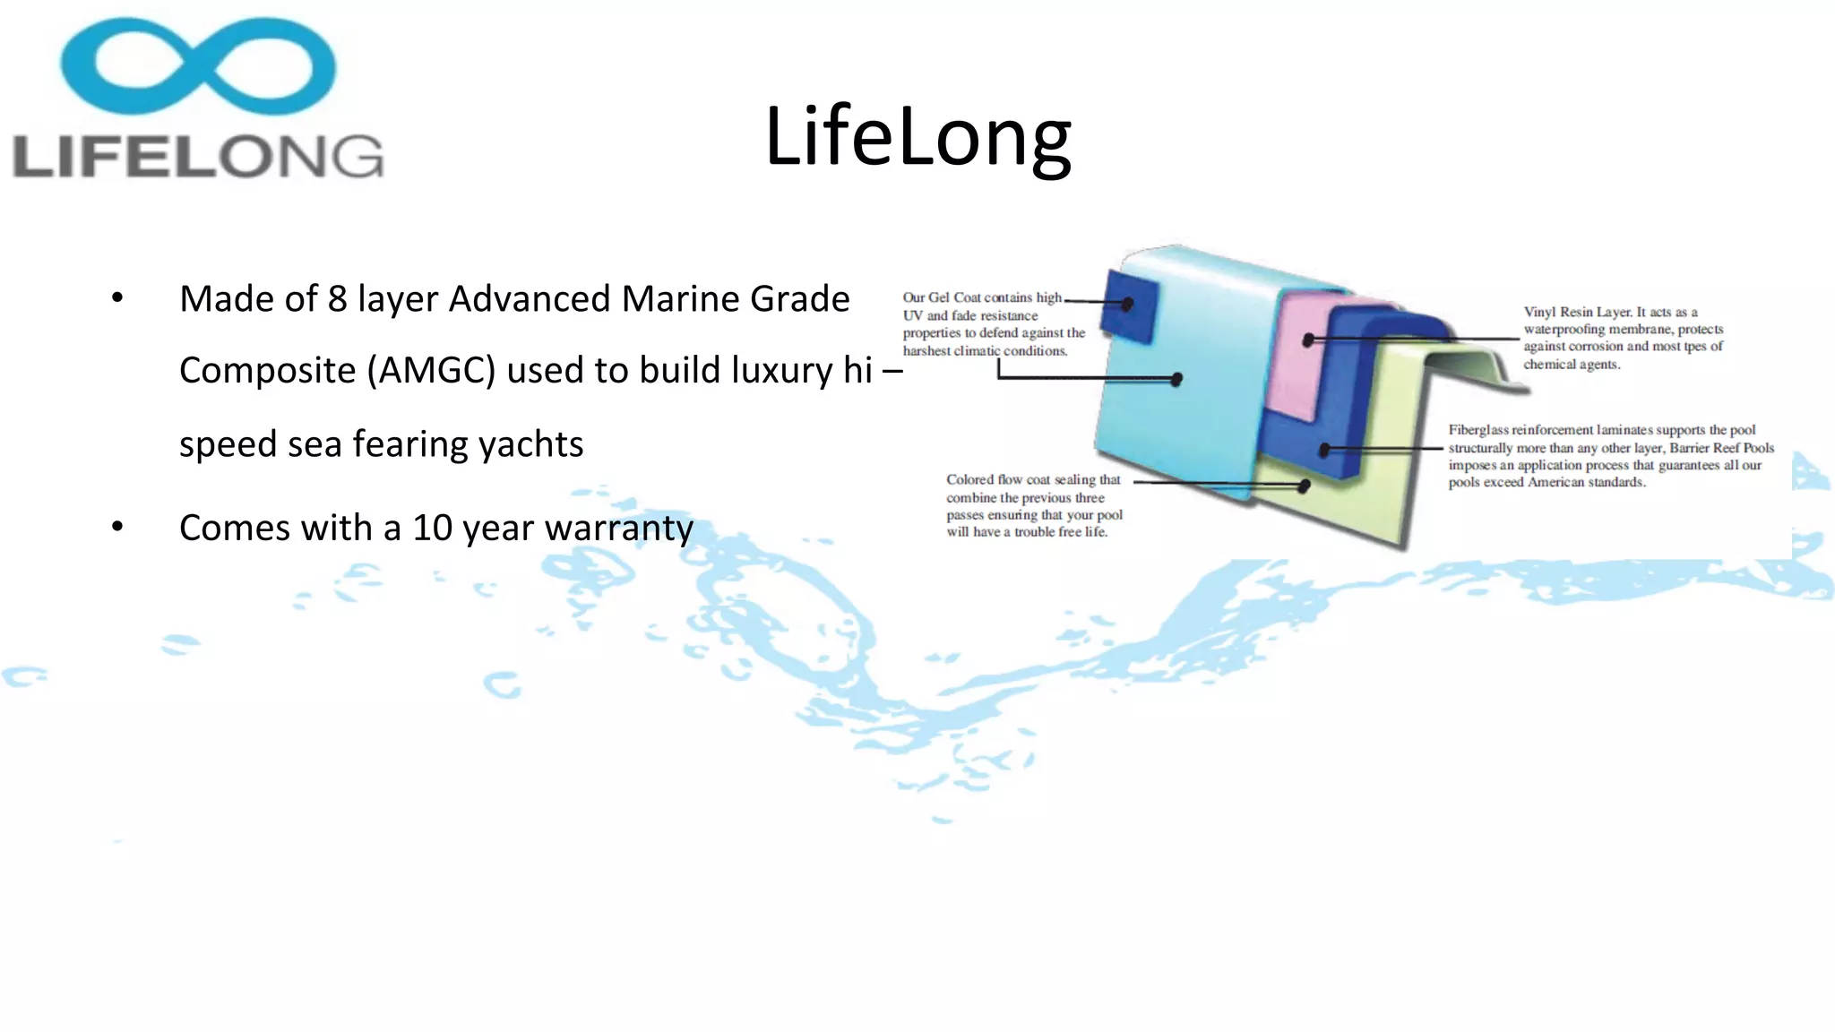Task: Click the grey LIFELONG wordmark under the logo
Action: pos(198,157)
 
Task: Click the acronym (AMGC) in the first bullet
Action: pos(431,371)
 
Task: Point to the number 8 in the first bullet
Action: pos(337,299)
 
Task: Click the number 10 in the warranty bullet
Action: pos(432,529)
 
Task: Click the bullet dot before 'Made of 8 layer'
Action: pos(117,298)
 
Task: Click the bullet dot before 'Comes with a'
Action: pos(117,528)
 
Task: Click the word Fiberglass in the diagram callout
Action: pos(1478,431)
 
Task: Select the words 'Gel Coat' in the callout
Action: pos(954,297)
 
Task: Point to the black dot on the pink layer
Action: pos(1309,340)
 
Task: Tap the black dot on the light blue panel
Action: pos(1176,380)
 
